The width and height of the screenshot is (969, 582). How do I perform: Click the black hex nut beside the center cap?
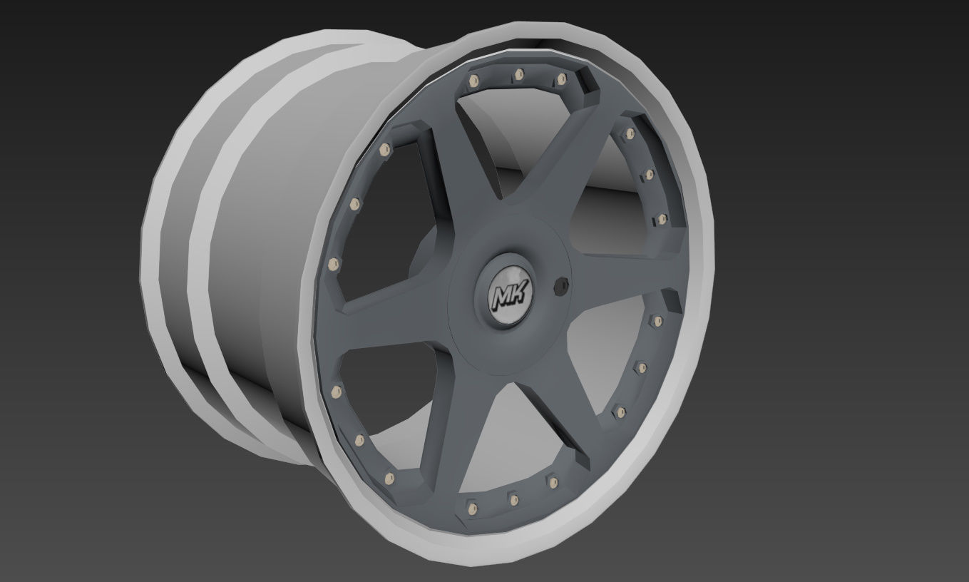[x=561, y=286]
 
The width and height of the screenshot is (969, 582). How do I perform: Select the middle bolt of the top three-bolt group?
[x=518, y=73]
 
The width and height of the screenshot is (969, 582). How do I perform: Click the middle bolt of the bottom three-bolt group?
[x=513, y=497]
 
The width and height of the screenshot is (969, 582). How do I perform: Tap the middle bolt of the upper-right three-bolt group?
[x=649, y=174]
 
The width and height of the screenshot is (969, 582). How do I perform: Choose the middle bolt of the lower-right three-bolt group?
[x=642, y=368]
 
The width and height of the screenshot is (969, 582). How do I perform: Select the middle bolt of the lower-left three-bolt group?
[x=359, y=439]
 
